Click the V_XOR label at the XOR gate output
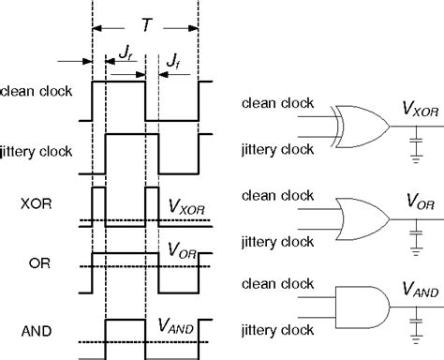pyautogui.click(x=412, y=111)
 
